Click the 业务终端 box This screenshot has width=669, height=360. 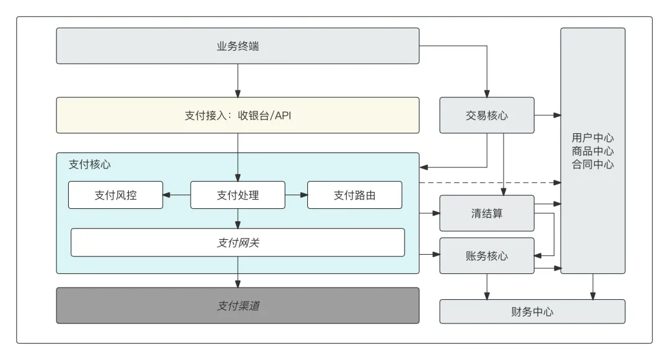(237, 46)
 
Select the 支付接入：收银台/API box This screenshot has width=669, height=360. (237, 115)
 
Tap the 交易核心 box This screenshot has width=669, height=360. (487, 115)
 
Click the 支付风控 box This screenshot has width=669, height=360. (115, 195)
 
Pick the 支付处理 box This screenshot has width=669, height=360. (237, 195)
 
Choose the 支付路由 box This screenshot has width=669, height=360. (354, 195)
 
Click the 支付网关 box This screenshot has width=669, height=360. (237, 243)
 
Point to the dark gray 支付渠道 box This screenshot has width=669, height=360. (237, 305)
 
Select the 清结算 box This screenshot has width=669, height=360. (487, 213)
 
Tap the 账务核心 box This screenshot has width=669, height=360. (487, 255)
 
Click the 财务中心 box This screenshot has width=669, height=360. (532, 312)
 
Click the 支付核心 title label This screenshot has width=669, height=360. (90, 165)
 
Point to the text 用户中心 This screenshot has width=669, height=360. (593, 138)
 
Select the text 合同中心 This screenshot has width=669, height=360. (593, 164)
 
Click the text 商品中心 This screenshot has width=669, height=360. (593, 151)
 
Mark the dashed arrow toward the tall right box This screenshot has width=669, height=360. (489, 183)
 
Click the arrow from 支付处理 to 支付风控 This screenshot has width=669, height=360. (177, 195)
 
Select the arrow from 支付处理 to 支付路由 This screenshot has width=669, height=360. (296, 195)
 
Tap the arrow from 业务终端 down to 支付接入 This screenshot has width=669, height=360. (237, 80)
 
